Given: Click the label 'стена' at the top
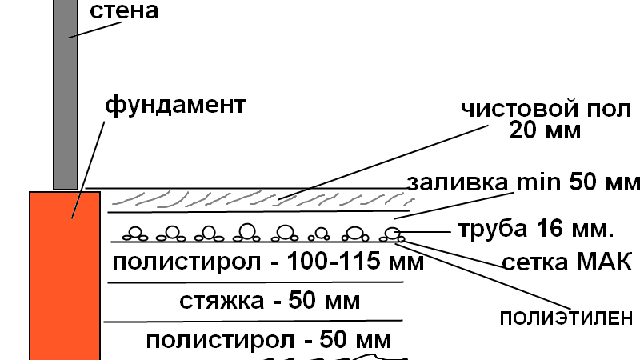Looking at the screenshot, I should click(x=124, y=11).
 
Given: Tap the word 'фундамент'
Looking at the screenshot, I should click(x=175, y=104).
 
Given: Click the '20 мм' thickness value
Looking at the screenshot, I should click(x=545, y=130).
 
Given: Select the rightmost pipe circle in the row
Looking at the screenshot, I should click(x=391, y=233).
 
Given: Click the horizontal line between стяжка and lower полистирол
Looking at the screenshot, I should click(x=252, y=322).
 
